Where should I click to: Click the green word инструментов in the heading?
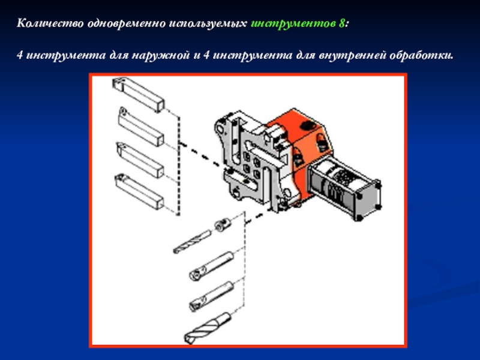pyautogui.click(x=293, y=23)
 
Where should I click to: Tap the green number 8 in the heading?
pyautogui.click(x=341, y=23)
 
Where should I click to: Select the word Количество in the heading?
pyautogui.click(x=50, y=23)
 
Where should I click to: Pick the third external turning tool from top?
pyautogui.click(x=140, y=160)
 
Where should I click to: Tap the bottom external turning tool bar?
pyautogui.click(x=139, y=191)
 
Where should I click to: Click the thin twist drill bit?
pyautogui.click(x=192, y=242)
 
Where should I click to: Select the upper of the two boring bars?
pyautogui.click(x=211, y=265)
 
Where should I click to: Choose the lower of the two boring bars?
pyautogui.click(x=211, y=296)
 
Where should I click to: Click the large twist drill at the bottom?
pyautogui.click(x=207, y=328)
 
